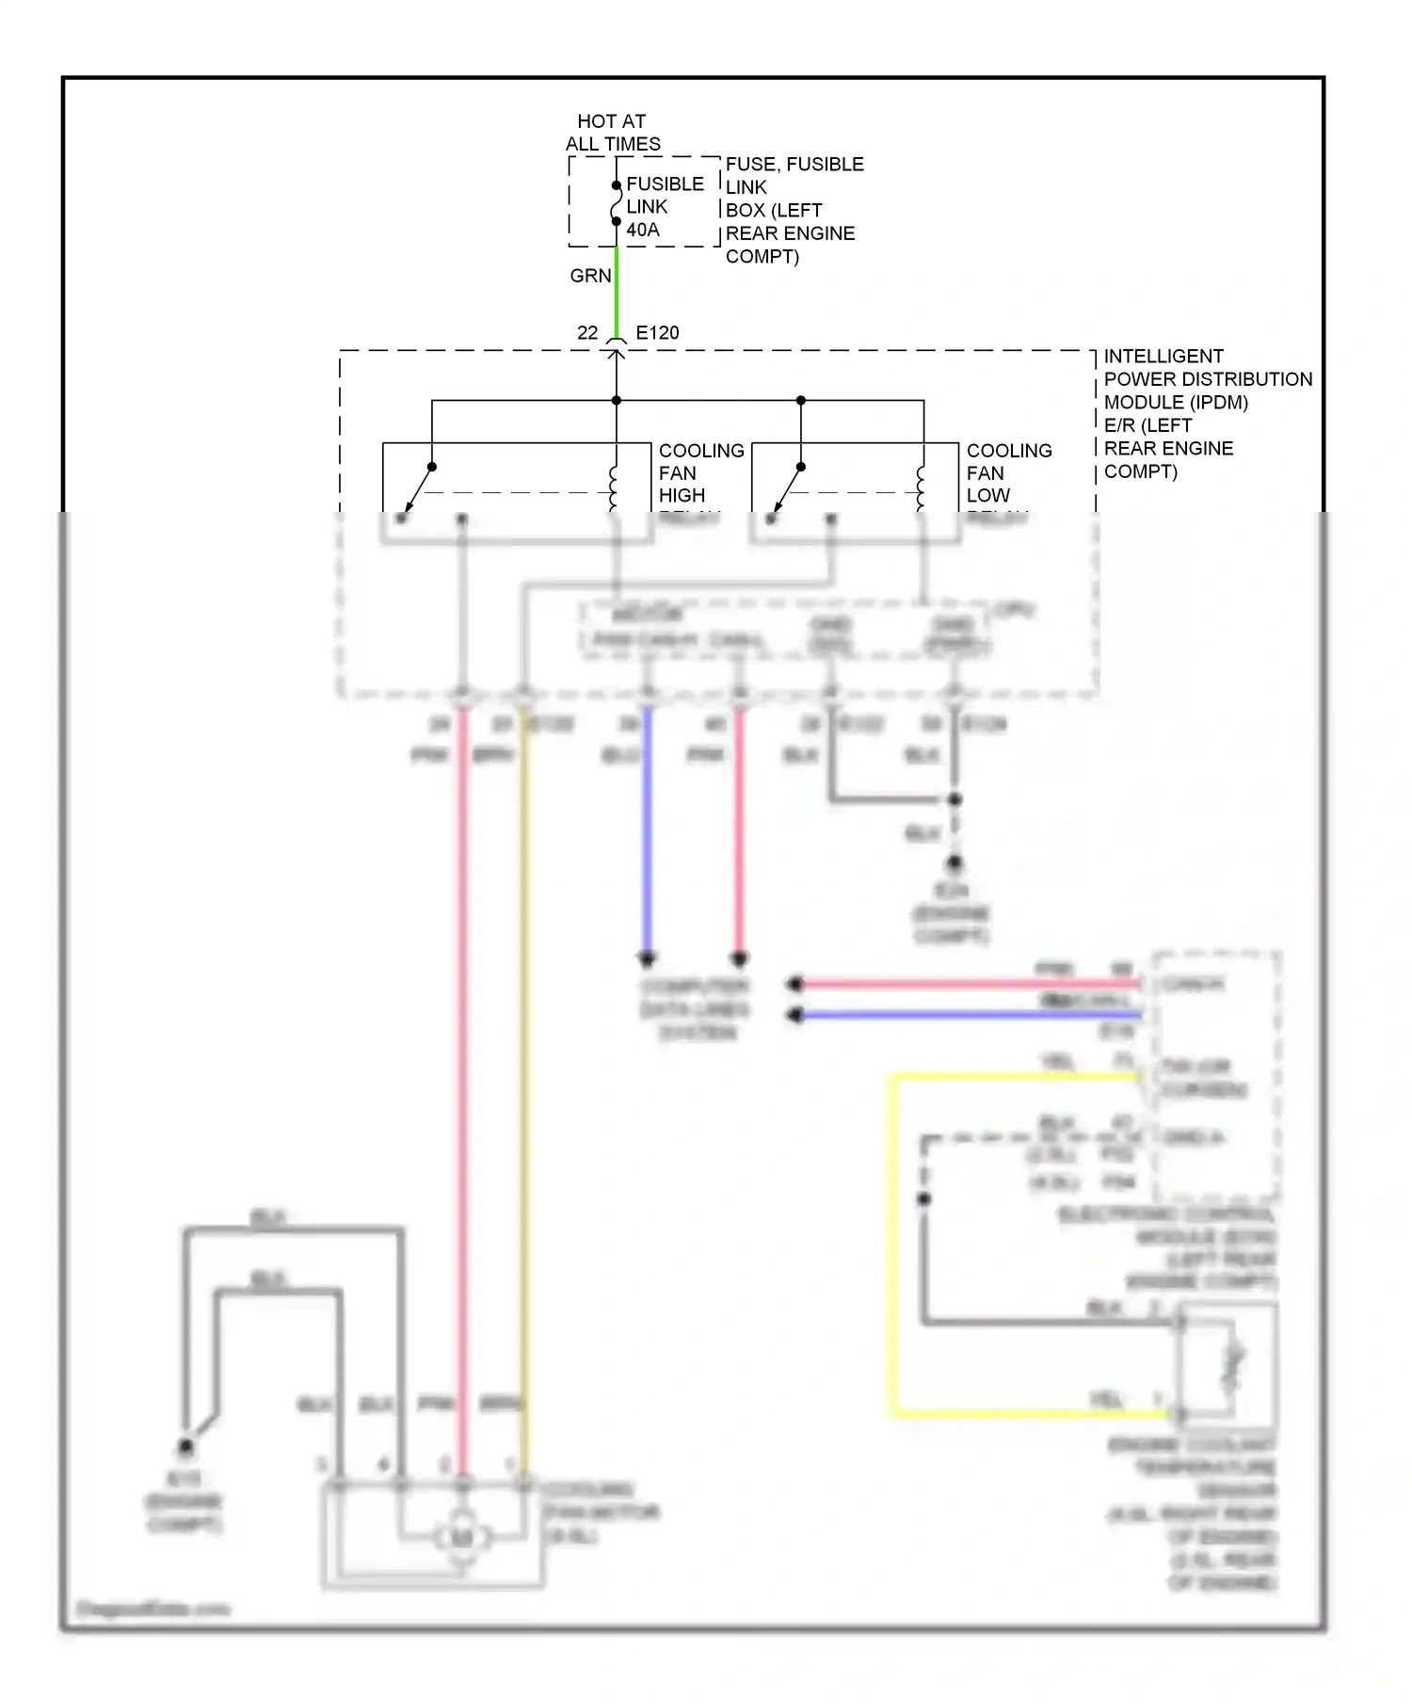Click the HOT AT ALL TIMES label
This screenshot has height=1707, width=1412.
(612, 133)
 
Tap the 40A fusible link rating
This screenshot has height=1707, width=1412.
(643, 230)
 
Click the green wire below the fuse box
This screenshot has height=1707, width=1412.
(617, 292)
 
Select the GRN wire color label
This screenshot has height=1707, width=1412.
(590, 276)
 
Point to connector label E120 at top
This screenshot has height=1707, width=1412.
(657, 332)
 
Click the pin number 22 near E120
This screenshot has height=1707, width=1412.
(587, 332)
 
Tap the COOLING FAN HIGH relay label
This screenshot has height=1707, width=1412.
(700, 473)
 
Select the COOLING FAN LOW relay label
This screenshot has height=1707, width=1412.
(1008, 473)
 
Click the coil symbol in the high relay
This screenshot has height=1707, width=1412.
(615, 487)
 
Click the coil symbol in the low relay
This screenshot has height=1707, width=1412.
(922, 487)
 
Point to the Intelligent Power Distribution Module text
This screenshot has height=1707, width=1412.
(1207, 413)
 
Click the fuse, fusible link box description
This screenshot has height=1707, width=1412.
(794, 210)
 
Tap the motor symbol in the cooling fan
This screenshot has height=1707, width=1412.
(461, 1538)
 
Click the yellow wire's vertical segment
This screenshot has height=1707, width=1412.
(892, 1242)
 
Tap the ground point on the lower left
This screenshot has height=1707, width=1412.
(185, 1446)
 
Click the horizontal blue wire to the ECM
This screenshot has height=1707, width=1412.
(970, 1015)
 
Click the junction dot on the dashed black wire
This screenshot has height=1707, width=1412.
(924, 1199)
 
